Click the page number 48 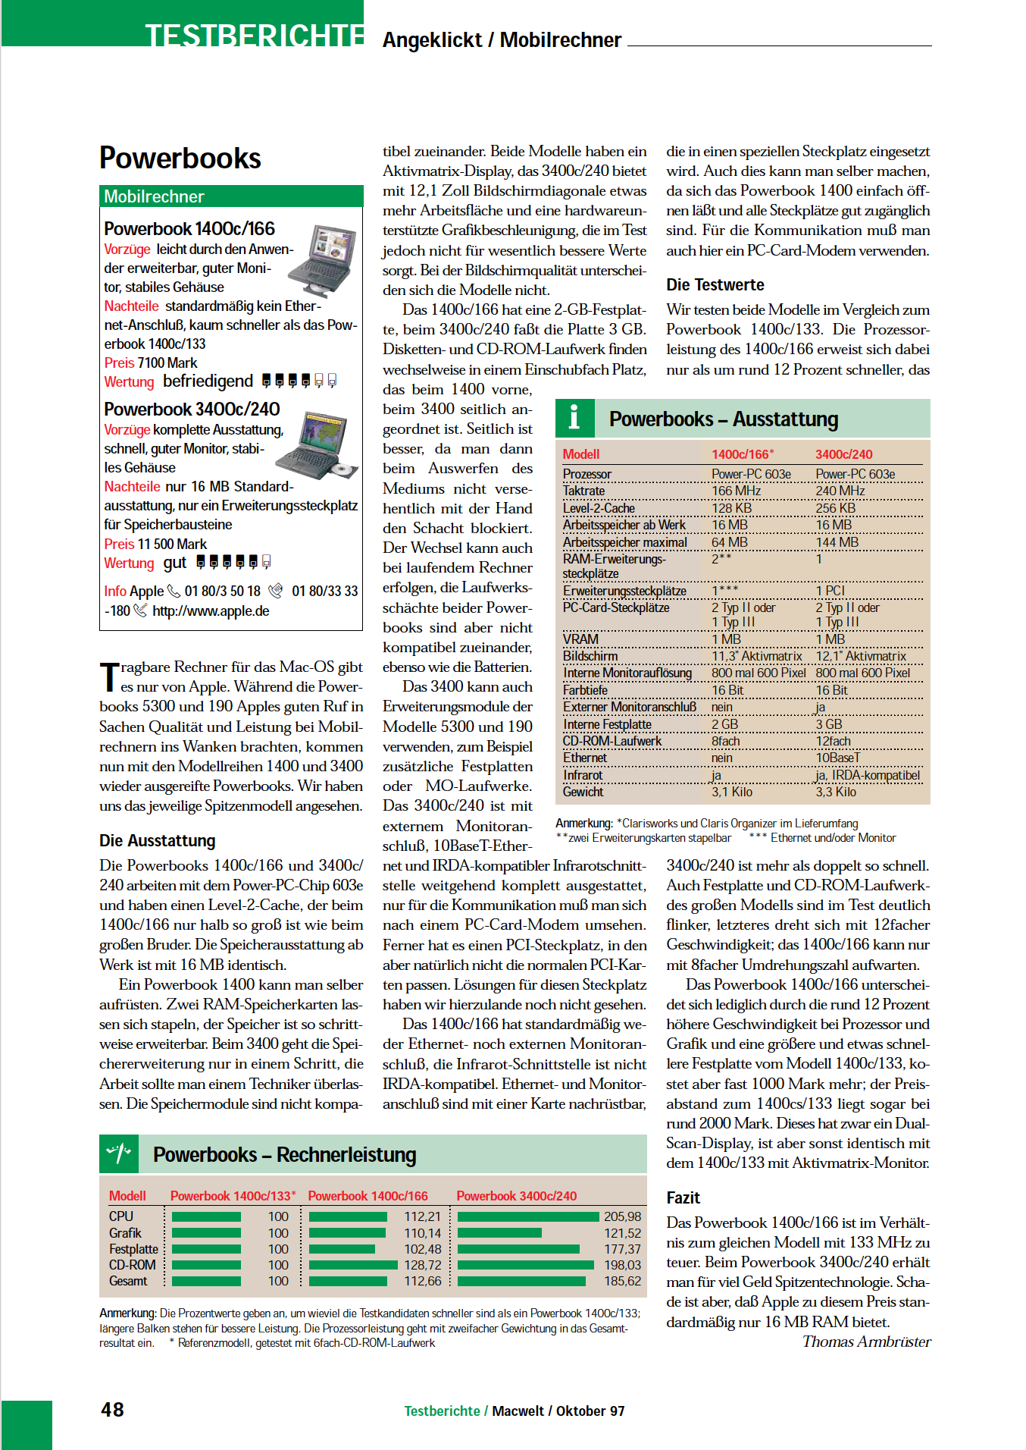coord(112,1409)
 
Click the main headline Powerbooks coord(180,158)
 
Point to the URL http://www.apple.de coord(211,611)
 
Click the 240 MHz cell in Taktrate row coord(840,491)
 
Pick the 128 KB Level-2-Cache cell coord(731,508)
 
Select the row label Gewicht coord(583,792)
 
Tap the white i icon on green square coord(574,418)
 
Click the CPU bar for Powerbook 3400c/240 coord(528,1216)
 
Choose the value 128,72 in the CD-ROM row coord(422,1265)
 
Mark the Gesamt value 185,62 coord(622,1281)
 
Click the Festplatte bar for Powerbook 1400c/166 coord(343,1249)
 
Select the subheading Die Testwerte coord(715,285)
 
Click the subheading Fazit coord(683,1198)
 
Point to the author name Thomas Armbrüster coord(866,1342)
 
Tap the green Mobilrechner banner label coord(155,197)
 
